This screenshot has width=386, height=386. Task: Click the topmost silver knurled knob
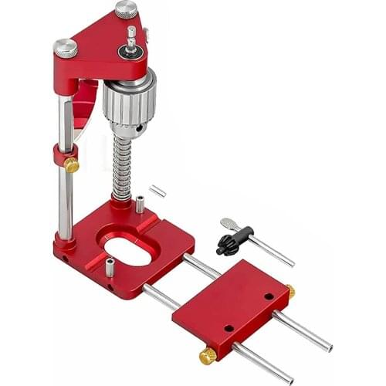126,10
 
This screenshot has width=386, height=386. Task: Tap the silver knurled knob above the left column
66,48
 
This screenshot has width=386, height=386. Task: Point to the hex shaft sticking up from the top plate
131,36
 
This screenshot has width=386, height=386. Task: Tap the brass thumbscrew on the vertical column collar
71,164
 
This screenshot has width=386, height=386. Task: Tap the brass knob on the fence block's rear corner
290,292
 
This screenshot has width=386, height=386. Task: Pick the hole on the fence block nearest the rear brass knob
269,296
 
